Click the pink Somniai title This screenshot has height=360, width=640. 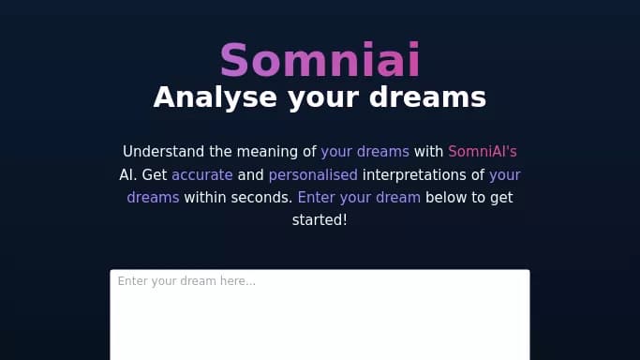pos(320,60)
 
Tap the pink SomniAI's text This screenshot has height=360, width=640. pos(482,151)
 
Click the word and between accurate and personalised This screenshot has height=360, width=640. pos(250,174)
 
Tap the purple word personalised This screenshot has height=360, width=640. pos(313,174)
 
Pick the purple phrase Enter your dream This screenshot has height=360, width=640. pos(359,198)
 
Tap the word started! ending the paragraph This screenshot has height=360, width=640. pos(320,221)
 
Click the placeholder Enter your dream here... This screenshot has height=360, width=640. pos(186,281)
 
